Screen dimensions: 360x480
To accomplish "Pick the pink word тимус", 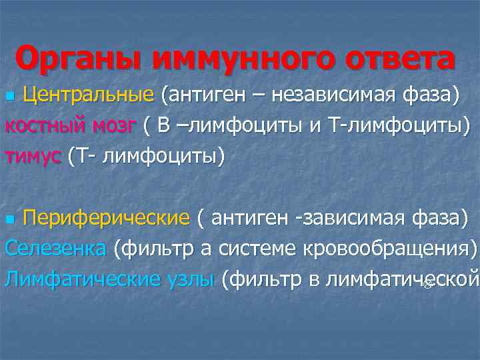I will point(32,156).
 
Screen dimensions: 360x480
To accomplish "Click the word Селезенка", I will point(55,248).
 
